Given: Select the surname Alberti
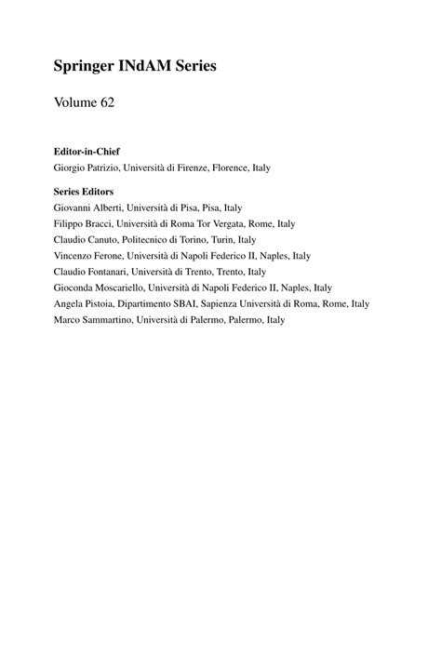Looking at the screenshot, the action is coord(112,207).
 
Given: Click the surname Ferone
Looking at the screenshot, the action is coord(112,255).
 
